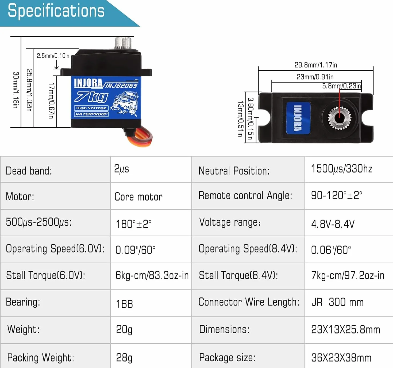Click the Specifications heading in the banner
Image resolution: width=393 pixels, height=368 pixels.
coord(56,11)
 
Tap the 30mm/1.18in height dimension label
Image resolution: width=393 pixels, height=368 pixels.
coord(16,90)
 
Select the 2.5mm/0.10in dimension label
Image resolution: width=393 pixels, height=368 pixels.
coord(53,56)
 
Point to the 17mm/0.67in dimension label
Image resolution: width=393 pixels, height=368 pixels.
coord(51,100)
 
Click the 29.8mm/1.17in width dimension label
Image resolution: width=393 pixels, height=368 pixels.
coord(316,65)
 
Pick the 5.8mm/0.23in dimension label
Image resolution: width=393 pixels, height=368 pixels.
coord(342,86)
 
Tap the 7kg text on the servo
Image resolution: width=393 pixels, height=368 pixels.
coord(91,97)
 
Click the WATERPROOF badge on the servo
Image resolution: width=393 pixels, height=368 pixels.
coord(91,114)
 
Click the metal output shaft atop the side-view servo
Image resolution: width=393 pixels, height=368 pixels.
coord(123,43)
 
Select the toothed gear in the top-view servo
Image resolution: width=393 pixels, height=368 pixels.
coord(340,118)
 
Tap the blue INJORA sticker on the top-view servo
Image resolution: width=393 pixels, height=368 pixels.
coord(298,118)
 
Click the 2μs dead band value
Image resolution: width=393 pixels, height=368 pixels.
coord(121,169)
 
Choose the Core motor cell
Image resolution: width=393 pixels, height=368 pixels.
coord(138,197)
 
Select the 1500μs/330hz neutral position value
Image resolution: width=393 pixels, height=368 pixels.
coord(342,169)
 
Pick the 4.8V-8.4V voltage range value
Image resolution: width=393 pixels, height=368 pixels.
coord(333,224)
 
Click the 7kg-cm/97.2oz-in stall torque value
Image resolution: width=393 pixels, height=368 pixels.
coord(348,275)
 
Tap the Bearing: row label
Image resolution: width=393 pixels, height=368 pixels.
coord(23,302)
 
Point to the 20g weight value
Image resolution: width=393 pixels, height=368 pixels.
coord(124,330)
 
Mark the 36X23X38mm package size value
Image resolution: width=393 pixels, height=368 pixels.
coord(341,358)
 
